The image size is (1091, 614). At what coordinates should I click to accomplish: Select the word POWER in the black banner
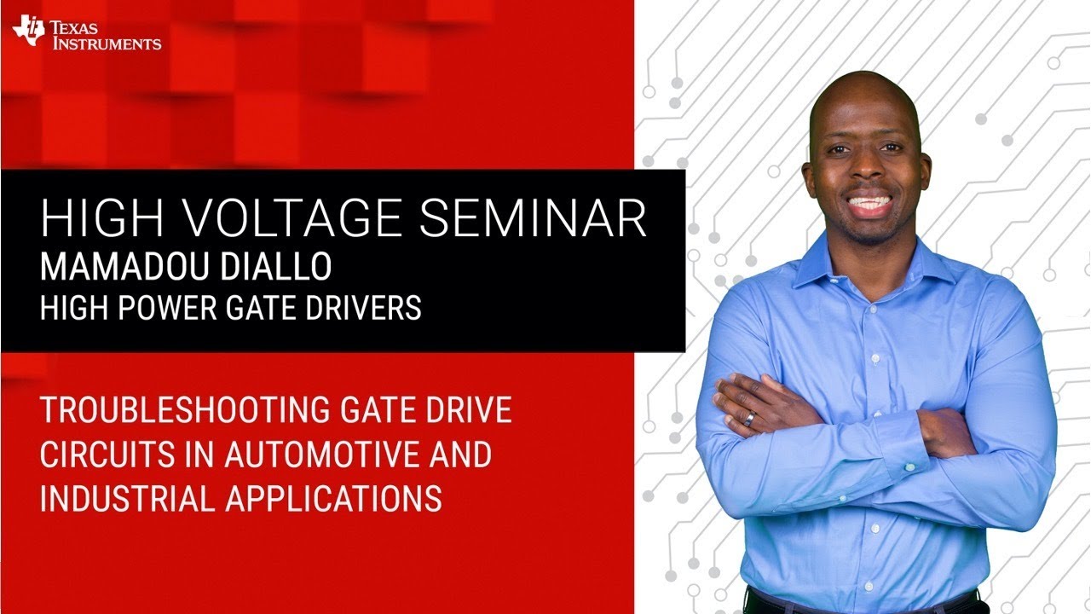pos(165,308)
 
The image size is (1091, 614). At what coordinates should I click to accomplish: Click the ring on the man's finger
pos(748,419)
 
